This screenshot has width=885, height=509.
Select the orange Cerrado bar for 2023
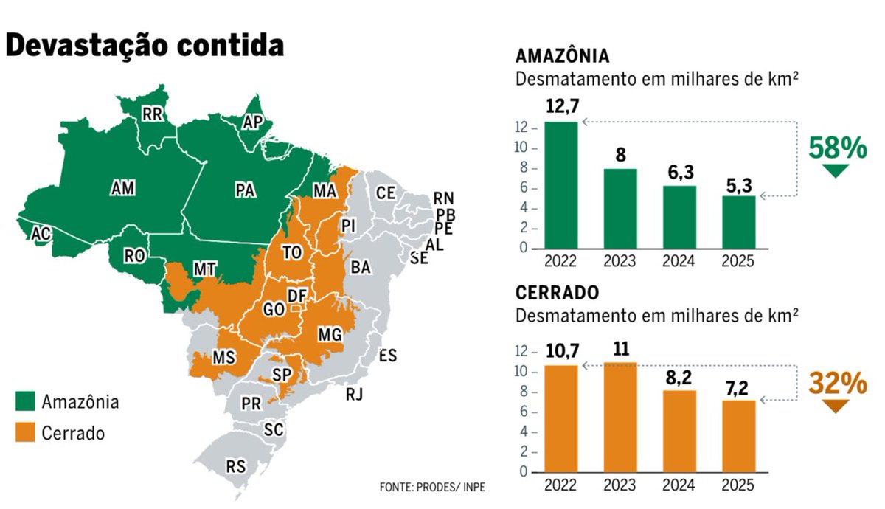click(620, 417)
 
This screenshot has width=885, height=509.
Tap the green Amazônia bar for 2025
click(738, 222)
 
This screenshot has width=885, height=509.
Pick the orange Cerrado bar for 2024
click(679, 431)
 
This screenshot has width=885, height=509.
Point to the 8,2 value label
click(679, 376)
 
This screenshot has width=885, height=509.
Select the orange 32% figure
click(837, 384)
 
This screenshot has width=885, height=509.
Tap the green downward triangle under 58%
click(836, 171)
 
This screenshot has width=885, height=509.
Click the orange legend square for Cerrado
click(26, 433)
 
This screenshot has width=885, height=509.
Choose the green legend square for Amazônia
click(26, 402)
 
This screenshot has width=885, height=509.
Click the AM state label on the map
click(122, 189)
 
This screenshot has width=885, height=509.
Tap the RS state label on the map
click(236, 466)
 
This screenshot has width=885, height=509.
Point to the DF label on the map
click(297, 296)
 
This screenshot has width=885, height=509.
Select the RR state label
click(153, 114)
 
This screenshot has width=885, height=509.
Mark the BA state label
click(361, 268)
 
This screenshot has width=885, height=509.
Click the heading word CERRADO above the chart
click(557, 293)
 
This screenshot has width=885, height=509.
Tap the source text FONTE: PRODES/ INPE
click(433, 488)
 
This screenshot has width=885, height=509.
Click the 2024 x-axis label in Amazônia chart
click(679, 262)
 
